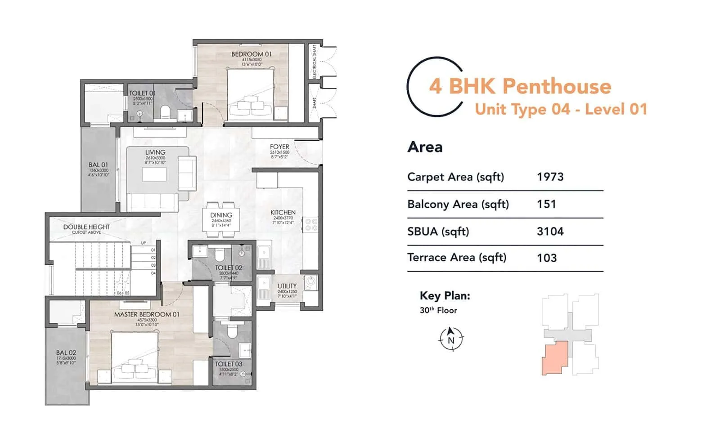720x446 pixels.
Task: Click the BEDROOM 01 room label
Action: (x=251, y=54)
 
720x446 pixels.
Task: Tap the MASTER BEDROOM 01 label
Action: (x=146, y=314)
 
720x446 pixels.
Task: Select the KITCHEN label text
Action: (x=283, y=212)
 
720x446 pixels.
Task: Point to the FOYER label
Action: (x=279, y=147)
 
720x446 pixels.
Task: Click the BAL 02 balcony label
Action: (x=66, y=353)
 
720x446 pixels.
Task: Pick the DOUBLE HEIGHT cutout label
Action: (x=86, y=227)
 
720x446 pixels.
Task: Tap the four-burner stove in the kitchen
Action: (x=311, y=225)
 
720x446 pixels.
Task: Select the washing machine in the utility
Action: (x=311, y=283)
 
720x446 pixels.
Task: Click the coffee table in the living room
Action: (x=154, y=174)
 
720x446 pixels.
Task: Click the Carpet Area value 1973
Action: (x=550, y=177)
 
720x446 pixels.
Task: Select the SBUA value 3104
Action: (x=550, y=232)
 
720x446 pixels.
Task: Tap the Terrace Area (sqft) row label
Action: (x=457, y=258)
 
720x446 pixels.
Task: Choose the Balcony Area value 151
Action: (x=546, y=204)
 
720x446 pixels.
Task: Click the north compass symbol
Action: (x=451, y=339)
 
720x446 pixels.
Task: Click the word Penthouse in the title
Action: (x=557, y=86)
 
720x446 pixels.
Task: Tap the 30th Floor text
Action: (x=438, y=310)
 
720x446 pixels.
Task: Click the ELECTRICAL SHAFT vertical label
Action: (x=315, y=61)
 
